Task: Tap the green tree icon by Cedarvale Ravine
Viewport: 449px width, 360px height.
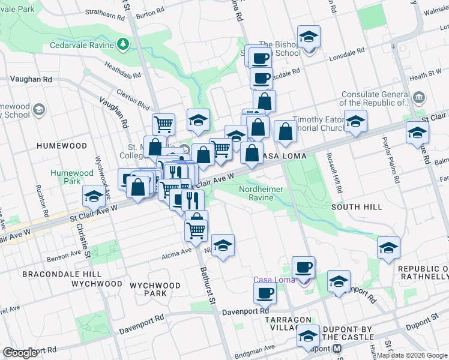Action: click(123, 43)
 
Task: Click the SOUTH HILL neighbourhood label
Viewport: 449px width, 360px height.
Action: click(357, 207)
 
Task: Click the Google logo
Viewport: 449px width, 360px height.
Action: click(20, 353)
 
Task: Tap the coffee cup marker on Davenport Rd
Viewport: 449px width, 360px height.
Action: click(264, 293)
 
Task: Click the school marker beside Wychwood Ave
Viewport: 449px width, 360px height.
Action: click(94, 196)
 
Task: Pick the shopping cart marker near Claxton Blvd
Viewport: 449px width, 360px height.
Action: click(163, 124)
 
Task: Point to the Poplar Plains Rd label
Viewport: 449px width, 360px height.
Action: click(390, 159)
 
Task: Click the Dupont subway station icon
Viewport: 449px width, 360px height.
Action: click(337, 349)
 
